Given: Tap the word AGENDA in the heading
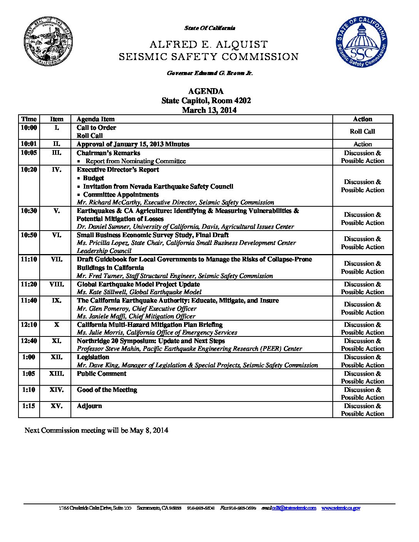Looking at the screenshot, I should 206,92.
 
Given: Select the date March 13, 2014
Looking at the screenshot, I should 209,110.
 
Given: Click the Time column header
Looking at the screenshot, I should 29,119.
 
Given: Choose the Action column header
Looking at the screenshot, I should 362,119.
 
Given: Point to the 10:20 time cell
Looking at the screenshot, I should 29,170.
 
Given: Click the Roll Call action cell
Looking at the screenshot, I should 362,131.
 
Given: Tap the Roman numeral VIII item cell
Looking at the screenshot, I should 56,284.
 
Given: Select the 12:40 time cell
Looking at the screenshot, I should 29,341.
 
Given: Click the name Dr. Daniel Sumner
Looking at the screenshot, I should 102,227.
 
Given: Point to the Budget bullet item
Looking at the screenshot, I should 93,178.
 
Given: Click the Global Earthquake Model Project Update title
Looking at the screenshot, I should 138,284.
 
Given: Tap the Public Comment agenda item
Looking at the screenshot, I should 101,374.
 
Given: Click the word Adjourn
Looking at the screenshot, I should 89,406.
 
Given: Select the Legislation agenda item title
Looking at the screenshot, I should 93,357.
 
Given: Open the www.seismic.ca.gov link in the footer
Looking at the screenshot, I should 341,508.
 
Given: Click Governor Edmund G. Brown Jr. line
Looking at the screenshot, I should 209,73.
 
